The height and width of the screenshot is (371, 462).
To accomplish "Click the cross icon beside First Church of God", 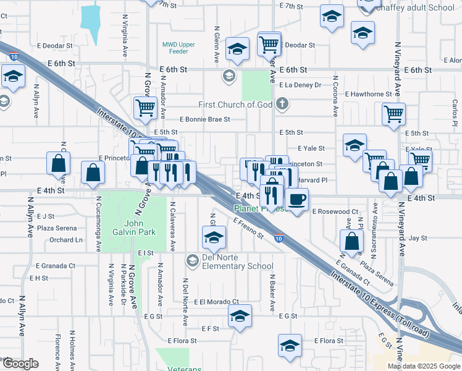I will pyautogui.click(x=283, y=103).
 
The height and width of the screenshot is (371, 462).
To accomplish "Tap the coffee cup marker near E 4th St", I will pyautogui.click(x=297, y=200).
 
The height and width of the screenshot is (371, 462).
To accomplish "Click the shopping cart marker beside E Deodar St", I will pyautogui.click(x=269, y=44).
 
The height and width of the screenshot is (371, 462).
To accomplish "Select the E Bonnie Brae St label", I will pyautogui.click(x=204, y=119).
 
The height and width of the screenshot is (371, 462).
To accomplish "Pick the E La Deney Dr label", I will pyautogui.click(x=300, y=85).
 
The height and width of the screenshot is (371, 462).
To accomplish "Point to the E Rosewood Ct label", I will pyautogui.click(x=335, y=211).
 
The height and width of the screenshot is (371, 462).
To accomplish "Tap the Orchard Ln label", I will pyautogui.click(x=66, y=240).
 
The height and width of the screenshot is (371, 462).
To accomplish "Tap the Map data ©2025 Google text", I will pyautogui.click(x=422, y=366).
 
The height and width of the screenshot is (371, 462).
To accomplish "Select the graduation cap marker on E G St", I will pyautogui.click(x=240, y=315).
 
